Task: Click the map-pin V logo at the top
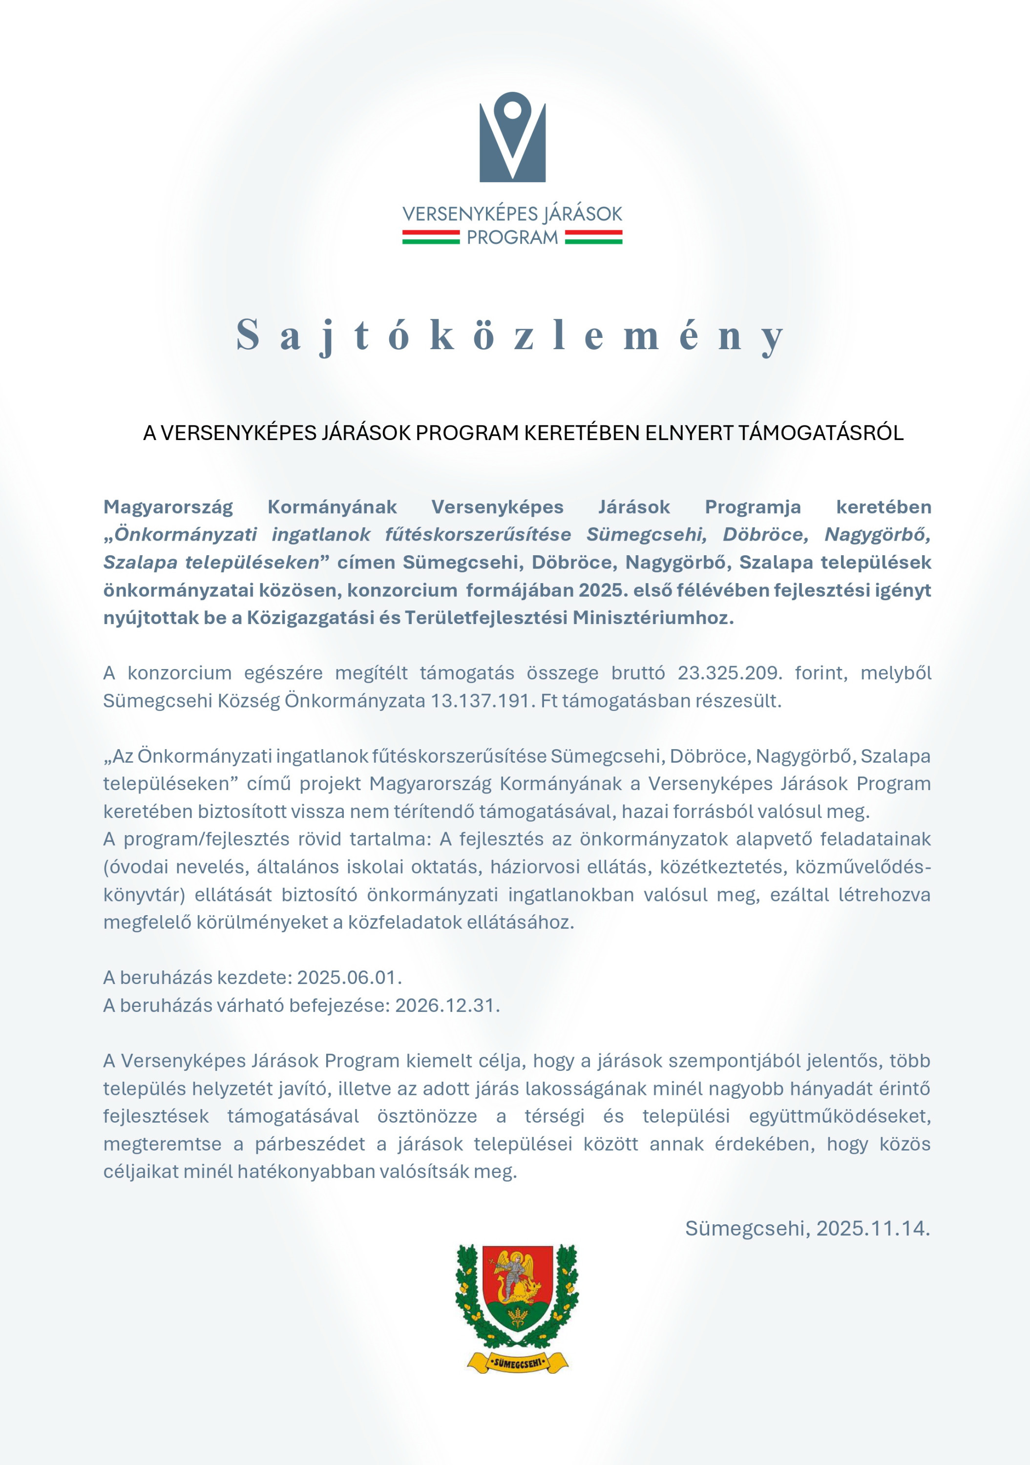coord(512,138)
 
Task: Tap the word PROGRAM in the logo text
coord(512,238)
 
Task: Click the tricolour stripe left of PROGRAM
coord(430,238)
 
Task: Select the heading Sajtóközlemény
coord(510,335)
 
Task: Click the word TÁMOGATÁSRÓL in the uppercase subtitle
coord(820,433)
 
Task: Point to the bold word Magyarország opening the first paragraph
coord(168,507)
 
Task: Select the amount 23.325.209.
coord(729,673)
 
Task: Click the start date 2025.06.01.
coord(349,978)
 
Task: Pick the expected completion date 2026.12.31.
coord(447,1005)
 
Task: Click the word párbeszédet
coord(310,1144)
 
